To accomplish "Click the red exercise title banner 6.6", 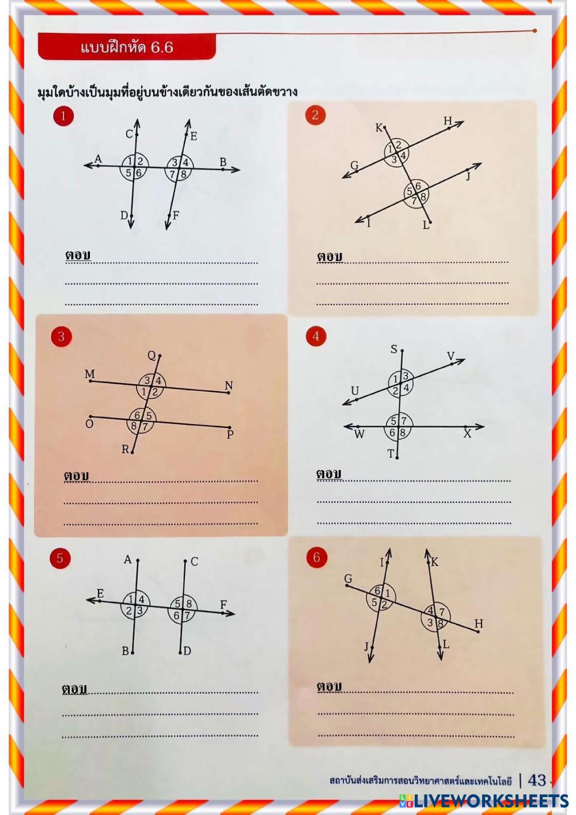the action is tap(127, 46).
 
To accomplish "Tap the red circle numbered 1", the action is tap(63, 116).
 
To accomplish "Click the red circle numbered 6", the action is tap(316, 557).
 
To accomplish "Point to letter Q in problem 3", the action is tap(151, 355).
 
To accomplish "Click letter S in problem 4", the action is tap(394, 349).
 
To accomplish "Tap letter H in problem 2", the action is tap(448, 121).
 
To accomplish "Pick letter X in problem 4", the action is tap(467, 433).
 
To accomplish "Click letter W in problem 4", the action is tap(359, 434).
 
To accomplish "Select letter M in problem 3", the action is tap(89, 374).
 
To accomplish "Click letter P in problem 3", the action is tap(230, 434).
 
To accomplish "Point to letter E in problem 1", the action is tap(194, 137).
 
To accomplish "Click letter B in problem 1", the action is tap(223, 162).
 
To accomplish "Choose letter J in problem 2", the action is tap(469, 176).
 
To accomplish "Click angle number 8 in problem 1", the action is tap(184, 174).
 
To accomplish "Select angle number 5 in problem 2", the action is tap(410, 191).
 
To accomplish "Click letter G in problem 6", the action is tap(348, 578).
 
